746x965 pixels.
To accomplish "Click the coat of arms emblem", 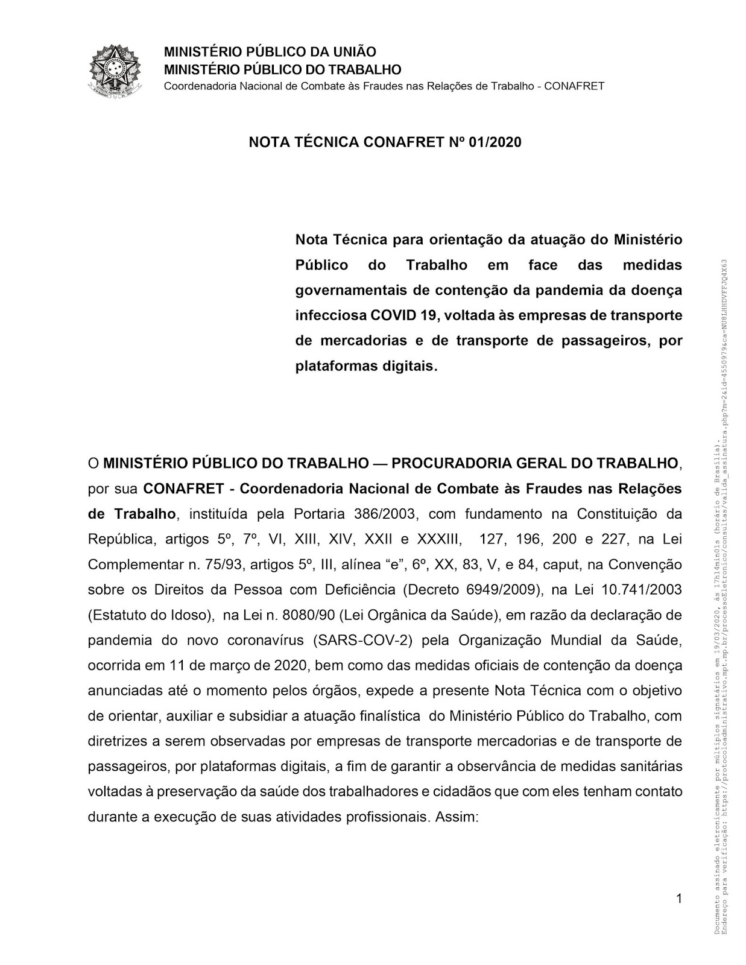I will (x=115, y=70).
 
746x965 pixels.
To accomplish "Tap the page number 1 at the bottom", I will (x=678, y=899).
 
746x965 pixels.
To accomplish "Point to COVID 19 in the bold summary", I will (x=400, y=315).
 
